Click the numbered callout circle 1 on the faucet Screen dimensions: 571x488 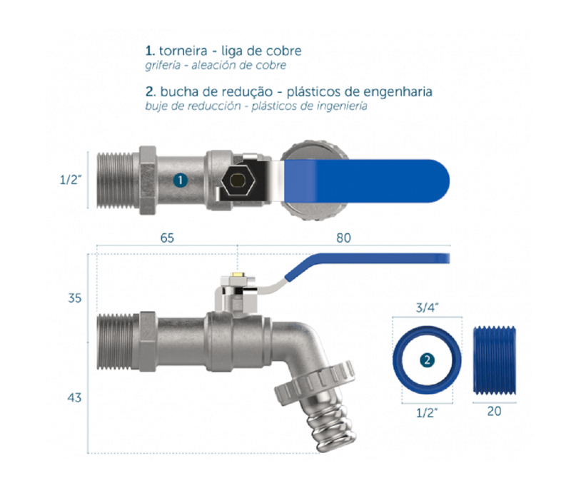[x=181, y=180]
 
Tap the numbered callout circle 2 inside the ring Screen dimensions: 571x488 [x=427, y=360]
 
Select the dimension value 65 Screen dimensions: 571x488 [x=167, y=238]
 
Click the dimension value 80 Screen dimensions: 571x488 [x=343, y=238]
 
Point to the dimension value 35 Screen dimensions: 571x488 [x=75, y=298]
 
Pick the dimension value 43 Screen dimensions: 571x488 [x=74, y=397]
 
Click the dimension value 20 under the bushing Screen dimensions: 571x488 [x=494, y=411]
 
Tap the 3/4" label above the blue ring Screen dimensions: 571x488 [x=427, y=308]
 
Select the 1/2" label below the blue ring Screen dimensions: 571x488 [x=427, y=412]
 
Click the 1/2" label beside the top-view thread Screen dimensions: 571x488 [x=71, y=179]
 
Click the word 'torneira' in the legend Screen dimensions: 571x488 [x=183, y=51]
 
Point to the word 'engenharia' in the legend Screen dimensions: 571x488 [x=398, y=92]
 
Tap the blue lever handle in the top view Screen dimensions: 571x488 [x=366, y=181]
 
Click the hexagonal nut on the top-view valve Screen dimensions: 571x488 [x=238, y=180]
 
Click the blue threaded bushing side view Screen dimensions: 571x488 [x=494, y=360]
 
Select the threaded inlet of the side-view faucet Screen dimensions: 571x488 [x=115, y=342]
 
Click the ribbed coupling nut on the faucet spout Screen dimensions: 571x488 [x=315, y=382]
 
